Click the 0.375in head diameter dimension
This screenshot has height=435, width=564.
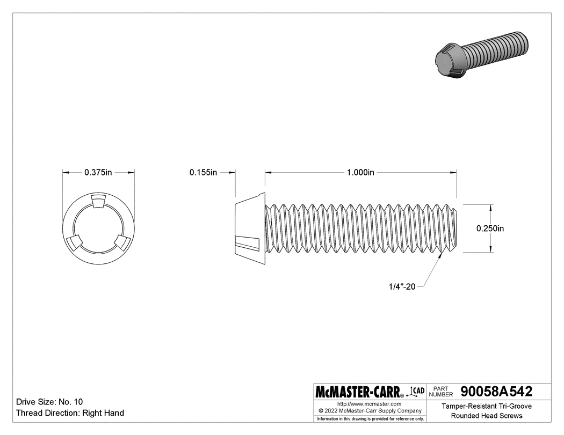[98, 173]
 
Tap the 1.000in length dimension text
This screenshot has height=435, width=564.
[360, 173]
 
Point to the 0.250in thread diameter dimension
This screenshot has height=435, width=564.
[490, 228]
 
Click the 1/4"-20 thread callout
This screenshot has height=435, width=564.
[402, 287]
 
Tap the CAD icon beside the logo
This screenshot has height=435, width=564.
[417, 391]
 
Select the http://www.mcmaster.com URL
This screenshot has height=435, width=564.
[369, 403]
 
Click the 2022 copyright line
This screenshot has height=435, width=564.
[369, 410]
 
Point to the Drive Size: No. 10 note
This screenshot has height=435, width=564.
[49, 402]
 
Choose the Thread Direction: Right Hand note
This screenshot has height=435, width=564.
[70, 413]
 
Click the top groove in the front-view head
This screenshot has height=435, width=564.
[98, 202]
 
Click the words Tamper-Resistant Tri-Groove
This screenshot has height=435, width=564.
[486, 407]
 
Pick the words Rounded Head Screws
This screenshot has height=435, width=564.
[486, 416]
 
